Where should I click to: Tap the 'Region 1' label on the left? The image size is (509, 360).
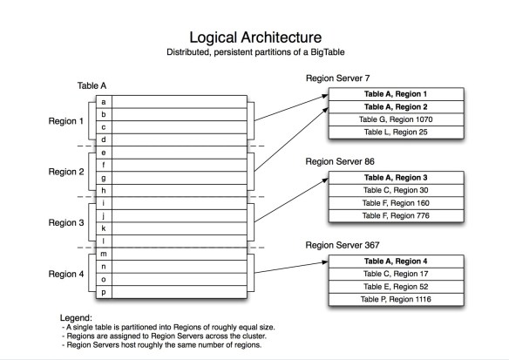[x=67, y=121]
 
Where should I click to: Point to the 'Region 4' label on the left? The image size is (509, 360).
[x=67, y=274]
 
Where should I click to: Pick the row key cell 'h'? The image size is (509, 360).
[x=104, y=190]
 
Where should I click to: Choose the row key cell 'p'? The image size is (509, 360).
[x=104, y=292]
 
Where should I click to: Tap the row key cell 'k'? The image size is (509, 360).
[x=104, y=228]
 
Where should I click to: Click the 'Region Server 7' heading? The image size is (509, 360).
[x=341, y=78]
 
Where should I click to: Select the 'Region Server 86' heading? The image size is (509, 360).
[x=343, y=162]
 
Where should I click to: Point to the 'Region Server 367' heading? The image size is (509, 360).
[x=346, y=247]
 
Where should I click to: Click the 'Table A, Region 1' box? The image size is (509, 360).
[x=395, y=92]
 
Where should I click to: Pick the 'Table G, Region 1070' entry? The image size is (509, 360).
[x=395, y=119]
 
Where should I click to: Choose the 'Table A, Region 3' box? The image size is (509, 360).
[x=395, y=177]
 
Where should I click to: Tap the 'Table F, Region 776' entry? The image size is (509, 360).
[x=395, y=216]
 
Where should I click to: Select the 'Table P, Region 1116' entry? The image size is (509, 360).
[x=395, y=300]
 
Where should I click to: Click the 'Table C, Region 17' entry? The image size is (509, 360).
[x=395, y=274]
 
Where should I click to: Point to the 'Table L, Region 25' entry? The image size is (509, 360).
[x=395, y=132]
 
